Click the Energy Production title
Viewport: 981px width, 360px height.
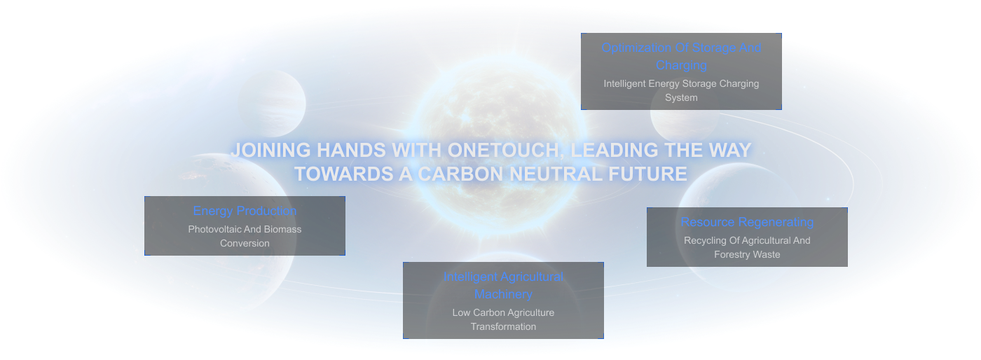click(x=245, y=211)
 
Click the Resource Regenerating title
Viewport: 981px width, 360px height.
click(x=747, y=223)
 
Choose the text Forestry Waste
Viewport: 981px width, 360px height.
click(x=747, y=255)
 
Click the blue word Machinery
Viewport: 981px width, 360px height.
click(x=503, y=294)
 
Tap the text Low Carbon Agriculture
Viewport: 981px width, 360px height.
click(x=503, y=312)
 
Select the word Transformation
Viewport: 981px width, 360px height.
click(x=503, y=326)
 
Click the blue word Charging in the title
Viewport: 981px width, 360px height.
click(x=681, y=65)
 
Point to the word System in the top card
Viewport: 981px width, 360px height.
click(x=681, y=97)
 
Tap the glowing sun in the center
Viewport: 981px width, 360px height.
click(x=499, y=144)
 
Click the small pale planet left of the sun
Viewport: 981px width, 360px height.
click(x=272, y=104)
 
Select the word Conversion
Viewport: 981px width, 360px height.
click(x=245, y=244)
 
